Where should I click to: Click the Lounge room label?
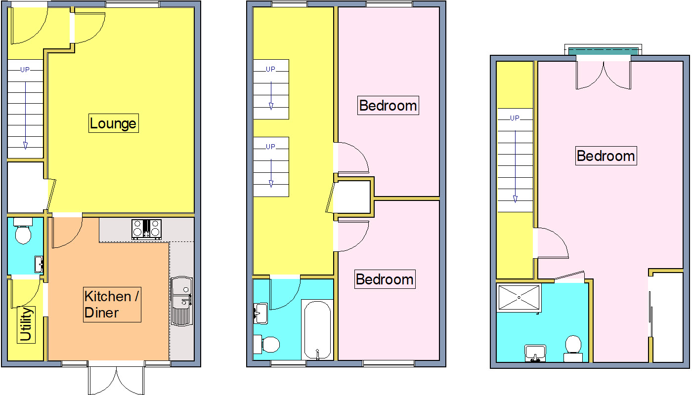tap(113, 123)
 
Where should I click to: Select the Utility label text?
tap(26, 324)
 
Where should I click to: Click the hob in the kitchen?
tap(147, 229)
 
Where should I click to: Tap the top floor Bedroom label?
tap(606, 156)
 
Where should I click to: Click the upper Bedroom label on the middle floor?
tap(388, 105)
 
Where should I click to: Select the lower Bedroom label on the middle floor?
tap(385, 279)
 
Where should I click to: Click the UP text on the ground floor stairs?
tap(25, 70)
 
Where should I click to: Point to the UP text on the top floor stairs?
tap(515, 118)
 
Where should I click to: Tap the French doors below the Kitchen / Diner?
tap(117, 380)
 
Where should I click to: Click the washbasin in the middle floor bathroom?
tap(260, 313)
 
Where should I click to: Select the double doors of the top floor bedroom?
tap(604, 74)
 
